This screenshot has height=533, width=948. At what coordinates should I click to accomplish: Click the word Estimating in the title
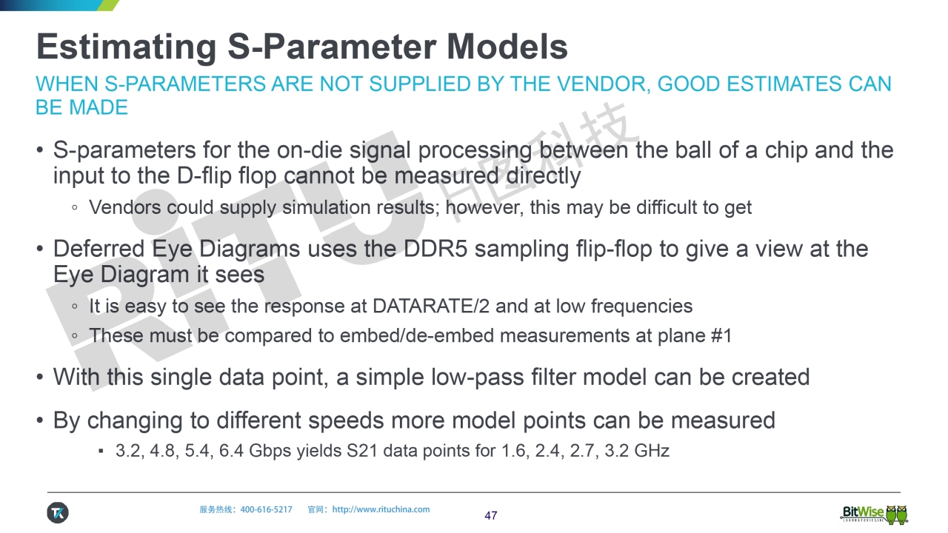127,47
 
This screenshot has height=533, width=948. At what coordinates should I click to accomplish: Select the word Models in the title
507,47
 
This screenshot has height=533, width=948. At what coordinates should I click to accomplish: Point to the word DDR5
435,249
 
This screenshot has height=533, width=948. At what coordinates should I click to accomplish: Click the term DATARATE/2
431,306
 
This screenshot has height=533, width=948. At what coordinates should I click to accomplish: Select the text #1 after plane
721,336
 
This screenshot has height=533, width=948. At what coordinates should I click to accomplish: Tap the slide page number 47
491,516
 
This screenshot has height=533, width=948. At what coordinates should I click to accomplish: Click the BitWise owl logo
874,514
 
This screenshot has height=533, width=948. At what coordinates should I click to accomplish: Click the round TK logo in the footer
58,513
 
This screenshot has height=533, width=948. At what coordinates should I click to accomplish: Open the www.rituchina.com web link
381,509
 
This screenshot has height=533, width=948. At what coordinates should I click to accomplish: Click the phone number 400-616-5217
266,509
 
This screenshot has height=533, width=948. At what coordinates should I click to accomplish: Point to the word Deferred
99,249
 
